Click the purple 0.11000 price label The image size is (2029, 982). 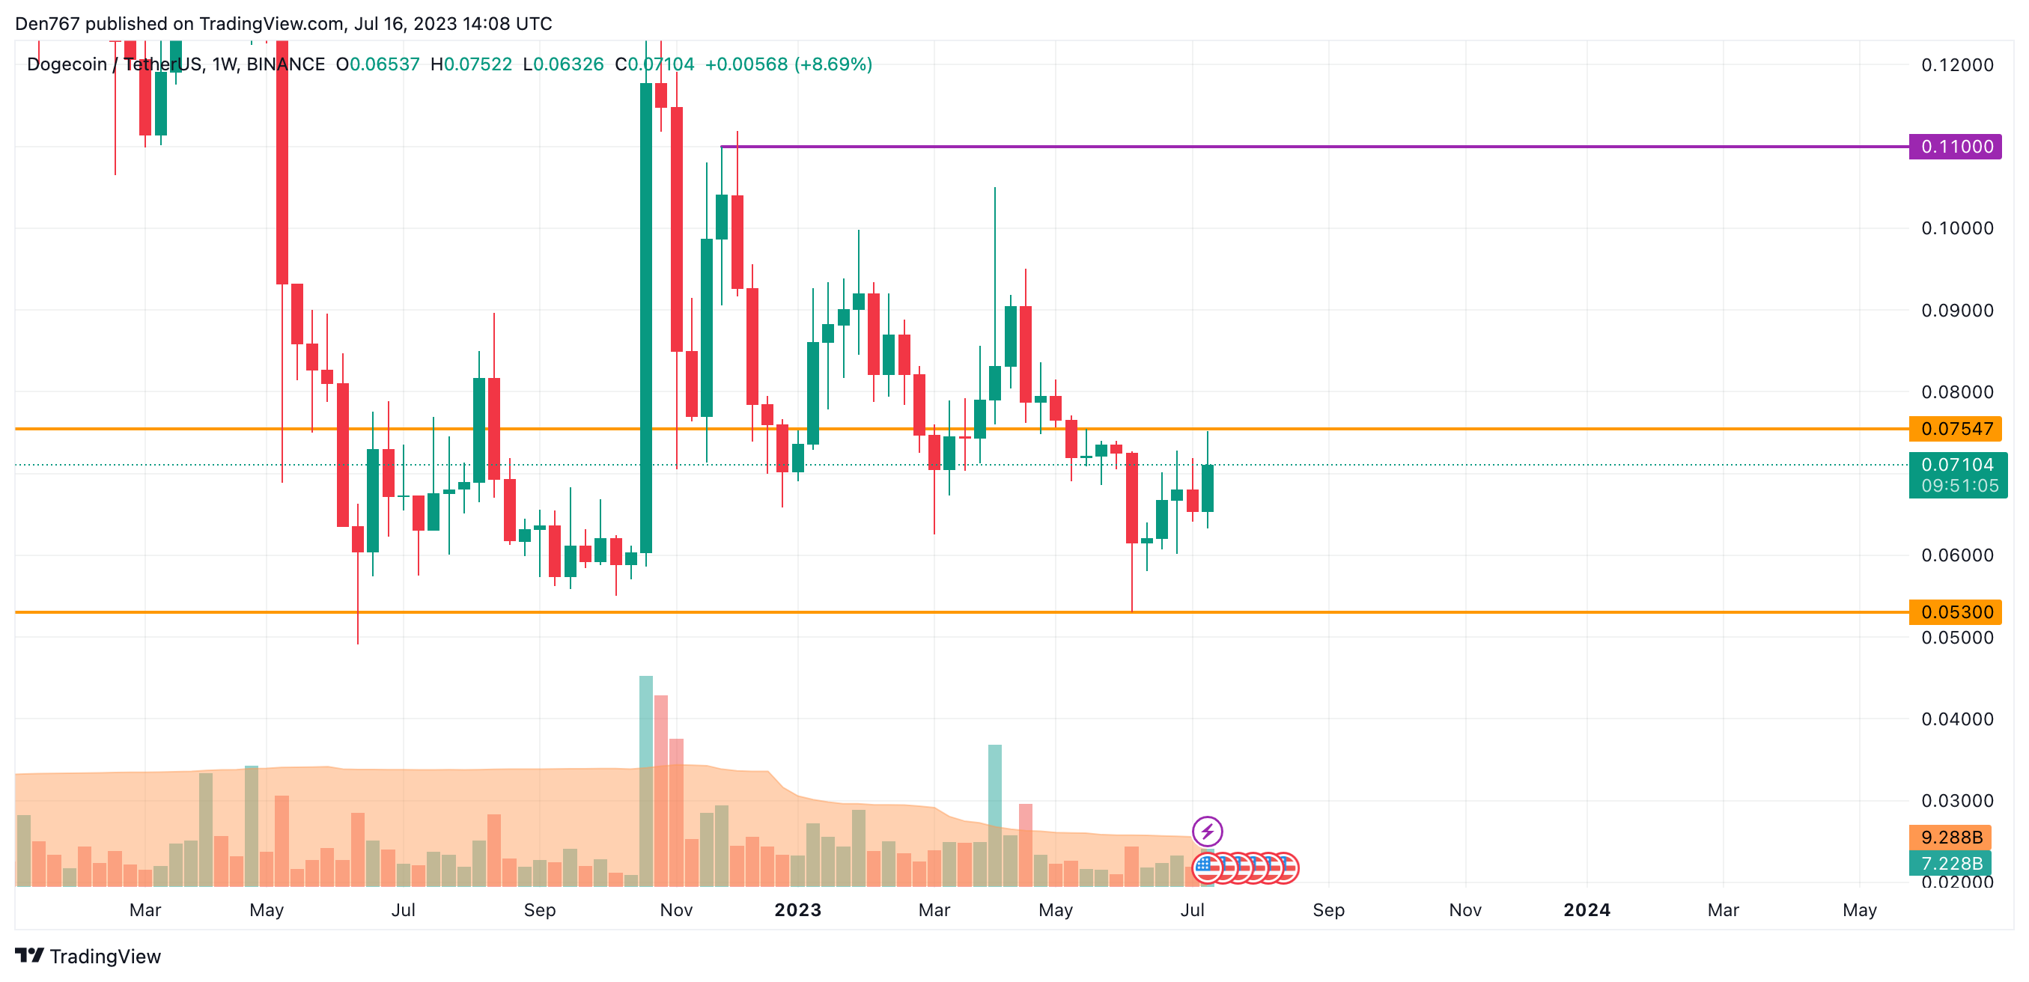(x=1955, y=147)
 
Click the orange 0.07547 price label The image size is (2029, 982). (x=1955, y=428)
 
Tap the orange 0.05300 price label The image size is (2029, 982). (x=1955, y=612)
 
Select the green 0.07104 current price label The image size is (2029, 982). (x=1956, y=465)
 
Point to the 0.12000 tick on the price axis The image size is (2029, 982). (x=1956, y=64)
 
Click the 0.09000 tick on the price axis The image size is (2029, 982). (x=1956, y=311)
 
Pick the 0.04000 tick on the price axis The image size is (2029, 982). (x=1956, y=719)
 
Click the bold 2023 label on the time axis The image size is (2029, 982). (x=797, y=910)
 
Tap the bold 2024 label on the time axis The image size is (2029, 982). (x=1587, y=910)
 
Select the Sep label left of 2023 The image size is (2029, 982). (x=540, y=910)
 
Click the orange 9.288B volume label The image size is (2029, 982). (x=1950, y=837)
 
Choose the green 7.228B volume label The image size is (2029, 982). (x=1950, y=863)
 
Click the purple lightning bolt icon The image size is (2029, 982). (x=1207, y=831)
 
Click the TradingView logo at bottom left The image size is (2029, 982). (x=88, y=956)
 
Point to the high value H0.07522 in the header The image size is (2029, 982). (x=471, y=64)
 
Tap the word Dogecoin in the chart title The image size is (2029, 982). (x=66, y=64)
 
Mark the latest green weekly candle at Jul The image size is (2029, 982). (x=1208, y=488)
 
